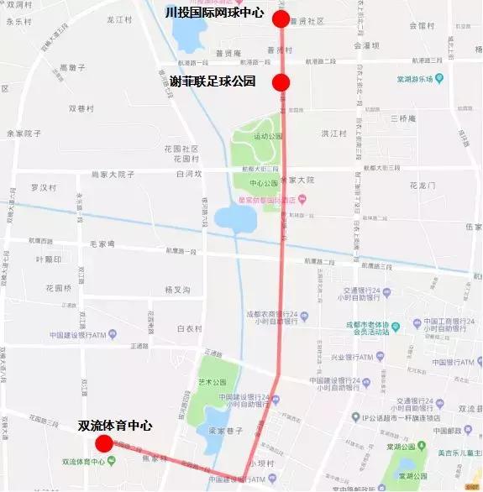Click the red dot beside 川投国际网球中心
click(281, 18)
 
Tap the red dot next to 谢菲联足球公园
click(281, 81)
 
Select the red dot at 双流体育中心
click(104, 443)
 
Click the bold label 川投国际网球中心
click(216, 13)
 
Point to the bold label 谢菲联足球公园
click(213, 81)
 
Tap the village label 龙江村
click(119, 18)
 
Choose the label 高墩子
click(73, 66)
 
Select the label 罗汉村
click(43, 186)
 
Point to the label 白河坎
click(190, 174)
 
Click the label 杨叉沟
click(177, 289)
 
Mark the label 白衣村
click(190, 328)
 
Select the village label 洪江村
click(333, 133)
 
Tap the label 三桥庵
click(403, 118)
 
